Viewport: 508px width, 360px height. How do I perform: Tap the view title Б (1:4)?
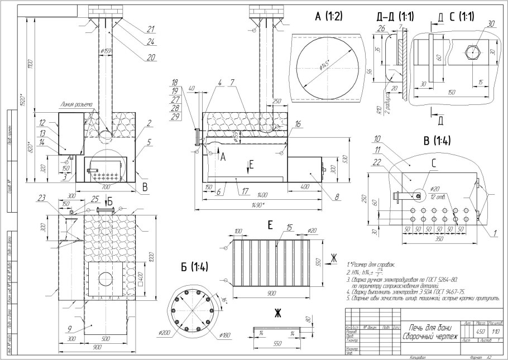click(191, 267)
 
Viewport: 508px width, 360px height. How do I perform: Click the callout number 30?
click(491, 24)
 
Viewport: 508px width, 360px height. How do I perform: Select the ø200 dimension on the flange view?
click(164, 333)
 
